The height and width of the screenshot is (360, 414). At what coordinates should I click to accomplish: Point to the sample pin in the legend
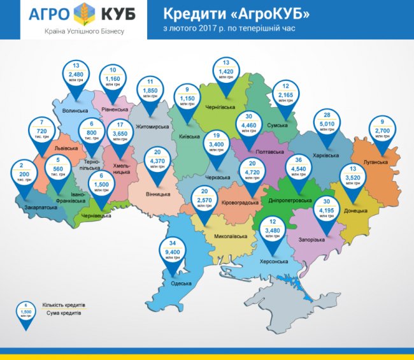coord(25,313)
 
